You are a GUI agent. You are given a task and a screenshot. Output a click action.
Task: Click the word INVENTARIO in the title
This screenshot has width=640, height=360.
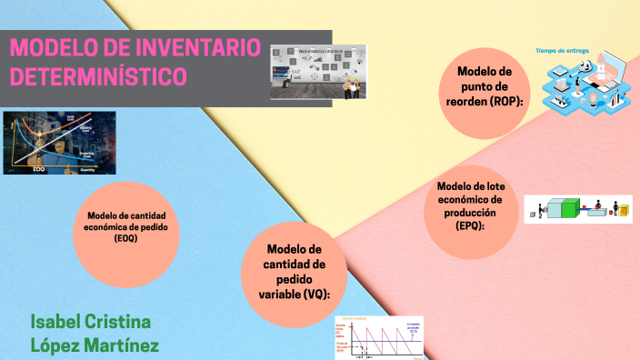195,48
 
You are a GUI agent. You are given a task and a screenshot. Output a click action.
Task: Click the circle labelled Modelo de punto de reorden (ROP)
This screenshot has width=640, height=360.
484,87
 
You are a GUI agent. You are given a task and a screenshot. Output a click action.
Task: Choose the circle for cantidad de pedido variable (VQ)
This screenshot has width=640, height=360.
294,272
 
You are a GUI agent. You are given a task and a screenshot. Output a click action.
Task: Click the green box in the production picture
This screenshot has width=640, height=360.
569,210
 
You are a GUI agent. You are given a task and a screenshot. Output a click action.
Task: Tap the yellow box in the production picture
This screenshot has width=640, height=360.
624,212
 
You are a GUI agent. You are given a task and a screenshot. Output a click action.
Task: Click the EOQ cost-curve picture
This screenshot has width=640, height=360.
59,142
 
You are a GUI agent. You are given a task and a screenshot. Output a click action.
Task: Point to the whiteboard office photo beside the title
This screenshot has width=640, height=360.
318,72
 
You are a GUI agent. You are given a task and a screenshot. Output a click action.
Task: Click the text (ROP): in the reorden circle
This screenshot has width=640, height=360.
506,102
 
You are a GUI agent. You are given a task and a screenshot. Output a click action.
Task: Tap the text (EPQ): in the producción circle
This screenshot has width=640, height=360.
471,226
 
